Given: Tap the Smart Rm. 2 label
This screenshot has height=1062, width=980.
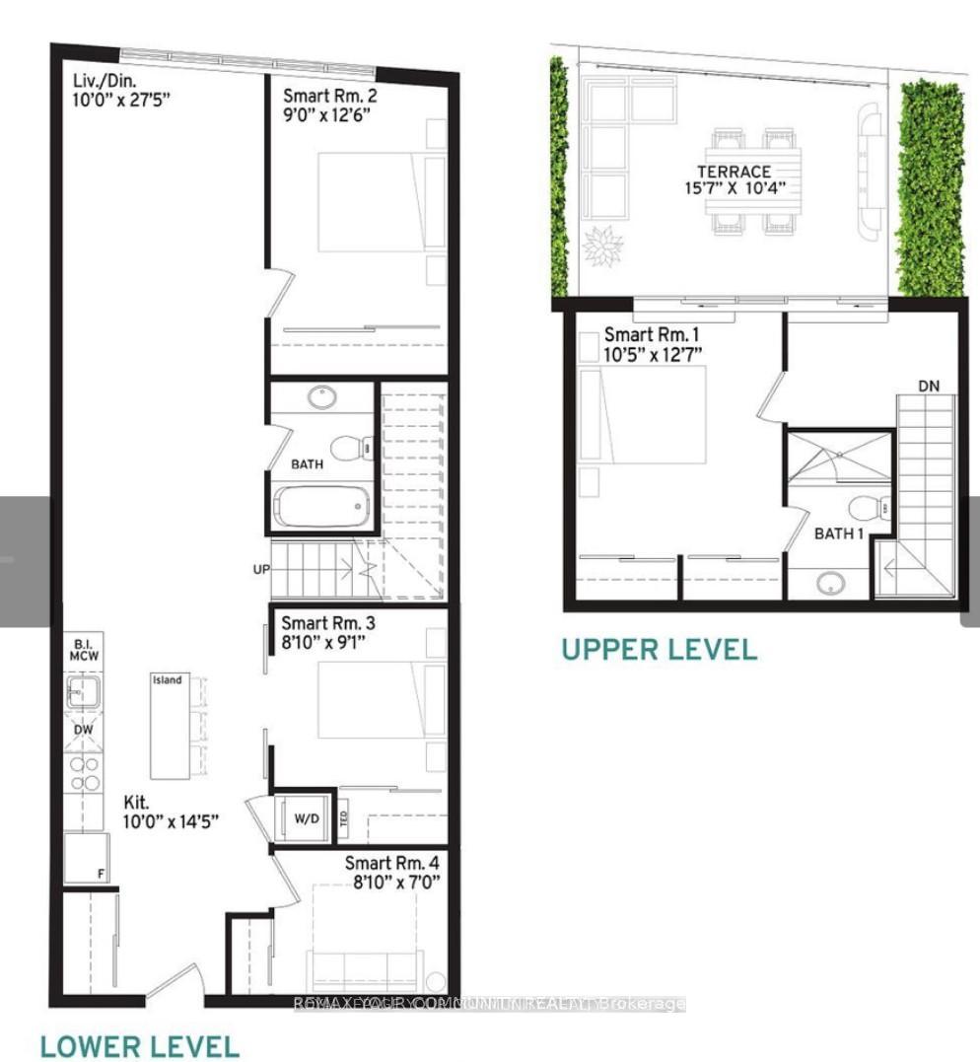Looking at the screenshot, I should (x=329, y=97).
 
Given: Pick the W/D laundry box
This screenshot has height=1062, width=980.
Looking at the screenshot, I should (x=305, y=817).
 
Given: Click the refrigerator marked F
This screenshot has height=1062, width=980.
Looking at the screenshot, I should (x=85, y=859).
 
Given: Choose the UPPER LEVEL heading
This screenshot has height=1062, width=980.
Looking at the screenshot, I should (x=660, y=650).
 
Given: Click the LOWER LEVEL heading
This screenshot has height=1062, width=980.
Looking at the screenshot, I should (x=140, y=1045).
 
